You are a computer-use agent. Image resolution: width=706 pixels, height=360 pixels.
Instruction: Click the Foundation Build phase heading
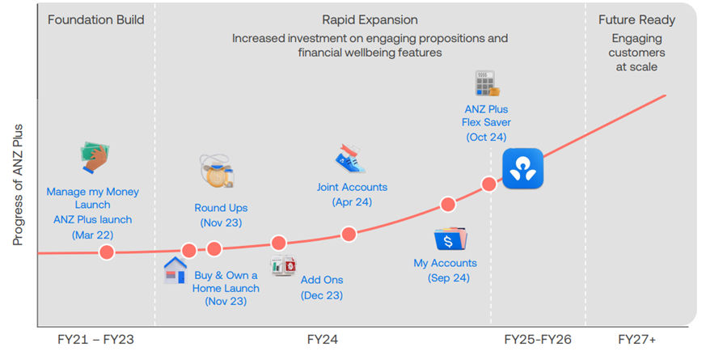96,20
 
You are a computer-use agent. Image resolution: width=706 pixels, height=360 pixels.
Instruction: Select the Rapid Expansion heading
370,20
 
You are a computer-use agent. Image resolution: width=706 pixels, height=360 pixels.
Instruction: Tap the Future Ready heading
636,20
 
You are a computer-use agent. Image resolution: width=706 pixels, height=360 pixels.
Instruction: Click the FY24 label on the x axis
323,339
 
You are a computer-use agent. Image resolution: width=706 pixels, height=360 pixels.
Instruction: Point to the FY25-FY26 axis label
538,339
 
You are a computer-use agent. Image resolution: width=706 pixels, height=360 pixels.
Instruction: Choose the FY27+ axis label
636,339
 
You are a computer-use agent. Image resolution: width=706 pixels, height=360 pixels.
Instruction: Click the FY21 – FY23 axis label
96,339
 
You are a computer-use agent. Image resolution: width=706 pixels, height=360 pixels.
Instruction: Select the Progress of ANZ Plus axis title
18,184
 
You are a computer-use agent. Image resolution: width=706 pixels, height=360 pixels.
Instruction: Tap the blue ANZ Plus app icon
522,168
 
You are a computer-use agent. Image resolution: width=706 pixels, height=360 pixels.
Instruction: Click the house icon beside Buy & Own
175,270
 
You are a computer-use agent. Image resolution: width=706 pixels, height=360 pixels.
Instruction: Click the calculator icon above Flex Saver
487,83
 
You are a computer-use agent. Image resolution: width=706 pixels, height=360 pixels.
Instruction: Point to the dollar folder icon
450,239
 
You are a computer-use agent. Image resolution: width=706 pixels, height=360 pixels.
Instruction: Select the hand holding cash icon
95,158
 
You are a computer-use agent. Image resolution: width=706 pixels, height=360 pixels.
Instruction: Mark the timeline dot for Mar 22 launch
107,252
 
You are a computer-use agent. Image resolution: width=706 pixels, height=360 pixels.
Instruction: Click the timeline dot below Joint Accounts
349,234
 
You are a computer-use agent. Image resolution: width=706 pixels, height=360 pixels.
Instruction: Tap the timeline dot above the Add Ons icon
279,244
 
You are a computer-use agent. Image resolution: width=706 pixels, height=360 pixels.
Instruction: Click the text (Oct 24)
486,137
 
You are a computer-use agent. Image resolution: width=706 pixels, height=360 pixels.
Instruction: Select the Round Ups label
221,208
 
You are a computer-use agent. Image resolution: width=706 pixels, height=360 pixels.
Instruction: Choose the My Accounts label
446,263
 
